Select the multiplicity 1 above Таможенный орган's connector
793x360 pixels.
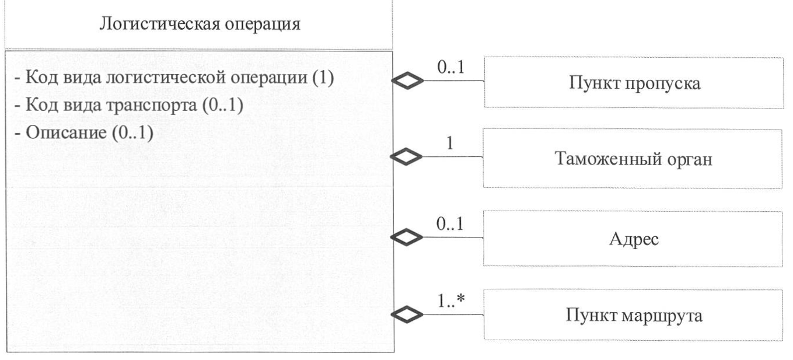point(450,144)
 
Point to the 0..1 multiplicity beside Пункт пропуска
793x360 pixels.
point(450,68)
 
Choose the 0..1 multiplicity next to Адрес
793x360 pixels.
point(450,225)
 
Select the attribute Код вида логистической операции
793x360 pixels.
point(172,78)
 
